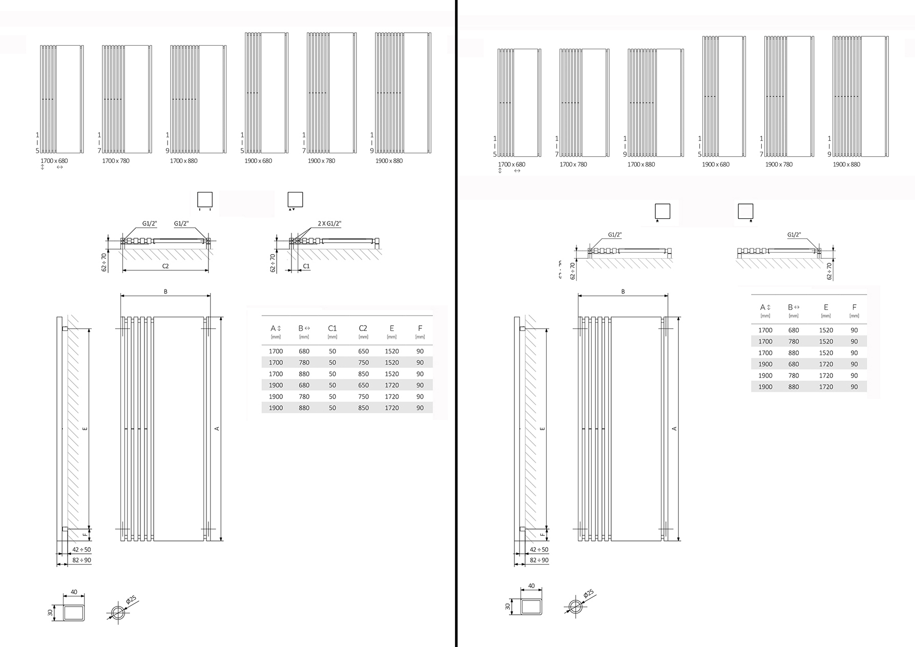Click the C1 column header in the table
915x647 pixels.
coord(332,328)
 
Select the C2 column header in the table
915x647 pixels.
coord(363,328)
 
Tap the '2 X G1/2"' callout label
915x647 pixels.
coord(329,224)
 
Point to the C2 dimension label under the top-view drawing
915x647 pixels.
coord(165,266)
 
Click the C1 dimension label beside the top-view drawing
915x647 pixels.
coord(306,266)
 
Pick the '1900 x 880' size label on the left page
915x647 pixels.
coord(389,161)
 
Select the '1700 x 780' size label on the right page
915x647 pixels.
coord(573,164)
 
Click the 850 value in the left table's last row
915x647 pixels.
coord(363,408)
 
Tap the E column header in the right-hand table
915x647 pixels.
coord(826,307)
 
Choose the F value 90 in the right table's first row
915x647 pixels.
coord(854,330)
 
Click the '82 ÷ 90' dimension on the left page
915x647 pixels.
coord(81,560)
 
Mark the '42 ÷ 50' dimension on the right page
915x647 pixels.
coord(539,550)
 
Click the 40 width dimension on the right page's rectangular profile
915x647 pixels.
coord(531,586)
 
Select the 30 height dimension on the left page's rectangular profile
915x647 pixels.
coord(51,612)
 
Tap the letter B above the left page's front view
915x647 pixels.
coord(165,292)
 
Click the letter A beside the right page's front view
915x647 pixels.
coord(674,429)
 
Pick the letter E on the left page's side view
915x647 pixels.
coord(85,428)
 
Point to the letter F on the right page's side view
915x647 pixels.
coord(543,534)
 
